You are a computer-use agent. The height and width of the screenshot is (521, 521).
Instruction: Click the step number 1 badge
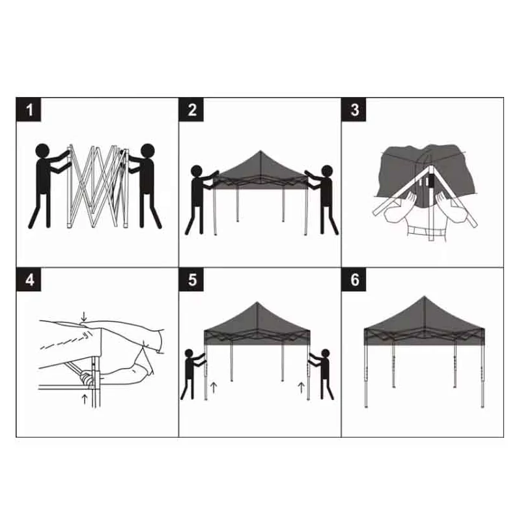click(x=29, y=109)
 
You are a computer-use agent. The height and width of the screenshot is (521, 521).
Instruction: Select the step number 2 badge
click(x=191, y=109)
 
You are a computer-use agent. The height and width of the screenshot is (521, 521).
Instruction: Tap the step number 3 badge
click(x=354, y=109)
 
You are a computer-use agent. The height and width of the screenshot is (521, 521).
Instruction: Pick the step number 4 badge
click(x=29, y=279)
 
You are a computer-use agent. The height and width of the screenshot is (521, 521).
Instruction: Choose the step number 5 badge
click(x=191, y=279)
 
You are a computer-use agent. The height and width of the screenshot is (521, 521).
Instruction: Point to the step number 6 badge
click(x=354, y=279)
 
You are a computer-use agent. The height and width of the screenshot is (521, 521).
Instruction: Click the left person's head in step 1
click(x=42, y=150)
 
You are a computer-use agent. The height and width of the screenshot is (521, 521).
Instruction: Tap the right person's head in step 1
click(x=148, y=150)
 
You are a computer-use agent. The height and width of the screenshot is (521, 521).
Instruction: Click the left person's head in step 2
click(x=197, y=171)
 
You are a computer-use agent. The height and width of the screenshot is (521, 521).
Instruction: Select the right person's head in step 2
click(x=327, y=171)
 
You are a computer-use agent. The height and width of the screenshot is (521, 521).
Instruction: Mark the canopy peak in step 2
click(x=260, y=151)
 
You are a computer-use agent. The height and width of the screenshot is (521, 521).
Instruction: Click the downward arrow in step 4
click(x=84, y=317)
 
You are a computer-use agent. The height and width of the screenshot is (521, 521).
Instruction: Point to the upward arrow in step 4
click(x=85, y=399)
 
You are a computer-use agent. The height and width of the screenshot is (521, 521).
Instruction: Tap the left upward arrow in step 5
click(x=214, y=387)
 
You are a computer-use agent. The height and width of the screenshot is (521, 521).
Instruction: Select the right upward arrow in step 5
click(x=302, y=387)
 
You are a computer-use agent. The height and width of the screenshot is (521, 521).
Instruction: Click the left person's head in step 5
click(x=189, y=353)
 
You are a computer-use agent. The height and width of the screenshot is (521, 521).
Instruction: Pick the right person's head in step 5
click(x=325, y=353)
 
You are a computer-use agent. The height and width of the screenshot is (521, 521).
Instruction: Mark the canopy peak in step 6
click(x=424, y=297)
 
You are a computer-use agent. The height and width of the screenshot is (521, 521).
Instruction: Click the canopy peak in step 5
click(x=257, y=303)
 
